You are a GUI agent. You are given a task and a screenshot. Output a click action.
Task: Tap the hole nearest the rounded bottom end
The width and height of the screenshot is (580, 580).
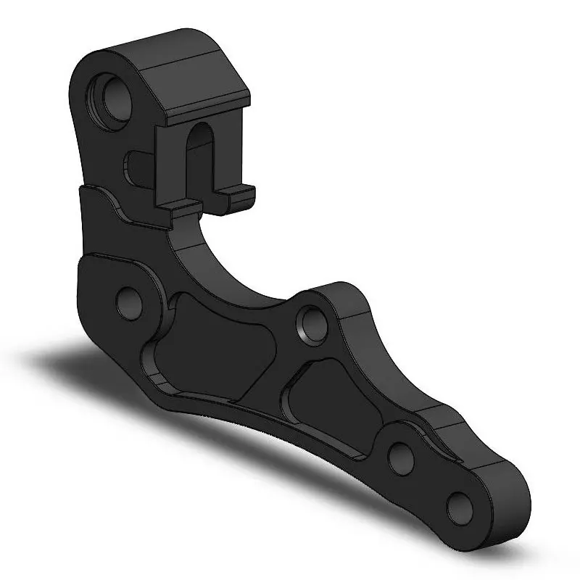[459, 505]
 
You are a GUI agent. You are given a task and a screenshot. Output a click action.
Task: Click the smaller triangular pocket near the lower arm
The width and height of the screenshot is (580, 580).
[326, 406]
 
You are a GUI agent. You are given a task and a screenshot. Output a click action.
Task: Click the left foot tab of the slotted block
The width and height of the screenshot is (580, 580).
[178, 210]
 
